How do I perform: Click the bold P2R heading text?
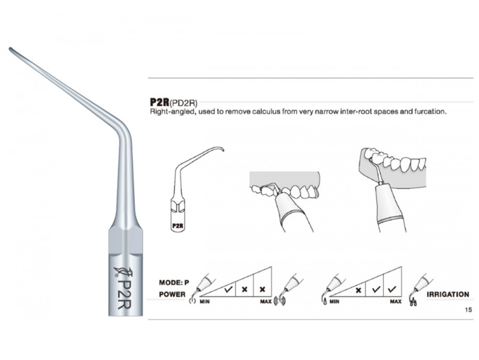point(159,102)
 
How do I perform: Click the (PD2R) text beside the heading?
point(183,103)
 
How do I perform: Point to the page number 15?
point(468,310)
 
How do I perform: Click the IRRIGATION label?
point(448,294)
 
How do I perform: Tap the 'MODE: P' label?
point(174,283)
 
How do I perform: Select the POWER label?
point(172,294)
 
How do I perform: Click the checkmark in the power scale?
point(228,289)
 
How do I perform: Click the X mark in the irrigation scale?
point(359,290)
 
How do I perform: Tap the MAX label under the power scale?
point(266,302)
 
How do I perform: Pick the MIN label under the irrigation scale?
point(334,302)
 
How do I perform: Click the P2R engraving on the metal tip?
point(125,294)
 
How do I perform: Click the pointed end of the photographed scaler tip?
point(10,49)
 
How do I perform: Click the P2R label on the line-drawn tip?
point(177,226)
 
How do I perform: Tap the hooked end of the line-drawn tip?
point(222,150)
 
